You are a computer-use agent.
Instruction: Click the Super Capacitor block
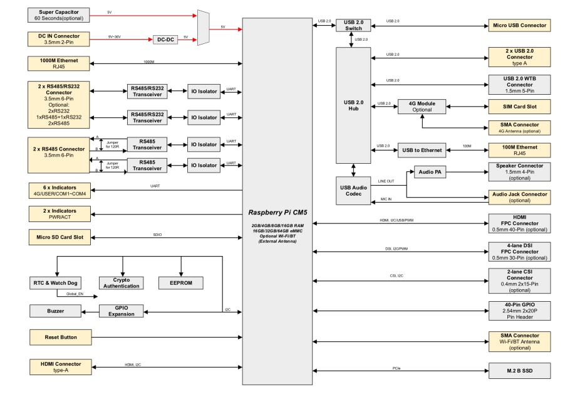pos(59,15)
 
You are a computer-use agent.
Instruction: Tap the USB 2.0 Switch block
pos(353,25)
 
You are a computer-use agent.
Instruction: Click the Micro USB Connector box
pos(519,26)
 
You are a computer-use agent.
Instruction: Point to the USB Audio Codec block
pos(353,190)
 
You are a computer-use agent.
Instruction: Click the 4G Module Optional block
pos(422,107)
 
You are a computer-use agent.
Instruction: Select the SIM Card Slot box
pos(519,107)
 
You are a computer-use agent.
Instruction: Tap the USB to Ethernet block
pos(422,150)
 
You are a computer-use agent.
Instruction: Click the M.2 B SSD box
pos(519,370)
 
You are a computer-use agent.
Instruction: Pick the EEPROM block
pos(180,284)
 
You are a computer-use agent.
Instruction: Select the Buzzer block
pos(56,311)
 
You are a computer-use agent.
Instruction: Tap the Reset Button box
pos(60,338)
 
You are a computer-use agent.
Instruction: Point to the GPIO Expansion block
pos(122,311)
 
